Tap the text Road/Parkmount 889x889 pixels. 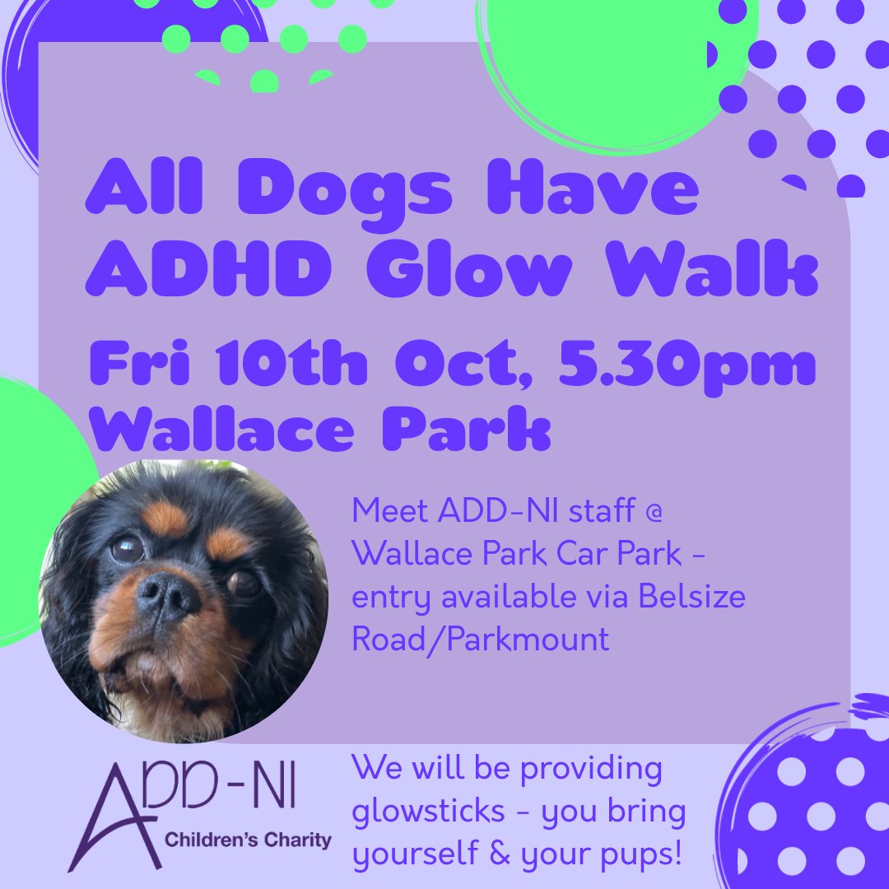[x=481, y=640]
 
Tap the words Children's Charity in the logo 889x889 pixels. [x=248, y=841]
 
